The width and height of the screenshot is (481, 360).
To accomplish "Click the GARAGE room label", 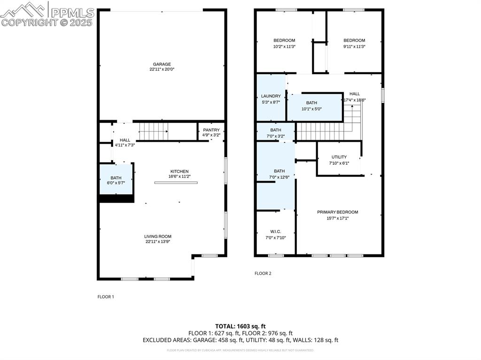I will tap(162, 64).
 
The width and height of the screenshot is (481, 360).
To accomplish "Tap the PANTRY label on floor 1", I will tap(211, 130).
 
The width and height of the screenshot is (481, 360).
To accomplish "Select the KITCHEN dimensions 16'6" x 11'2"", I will tap(179, 176).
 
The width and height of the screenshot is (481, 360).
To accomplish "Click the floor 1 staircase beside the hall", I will tap(153, 131).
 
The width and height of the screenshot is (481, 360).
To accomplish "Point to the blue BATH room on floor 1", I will tap(116, 180).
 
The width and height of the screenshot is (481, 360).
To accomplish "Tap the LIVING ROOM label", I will tap(158, 237).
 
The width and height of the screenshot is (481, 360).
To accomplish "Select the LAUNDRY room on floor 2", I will tap(271, 99).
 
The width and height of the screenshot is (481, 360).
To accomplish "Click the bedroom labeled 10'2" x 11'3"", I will tap(284, 43).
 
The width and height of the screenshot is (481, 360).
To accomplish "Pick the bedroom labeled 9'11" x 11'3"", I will tap(354, 43).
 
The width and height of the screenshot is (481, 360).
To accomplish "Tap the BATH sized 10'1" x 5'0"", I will tap(312, 106).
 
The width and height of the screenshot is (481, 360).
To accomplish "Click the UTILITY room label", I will tap(339, 157).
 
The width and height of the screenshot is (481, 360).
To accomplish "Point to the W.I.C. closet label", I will tap(275, 231).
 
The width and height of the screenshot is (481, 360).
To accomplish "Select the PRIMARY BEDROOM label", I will tap(337, 212).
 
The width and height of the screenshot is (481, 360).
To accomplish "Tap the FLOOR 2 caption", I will tap(263, 273).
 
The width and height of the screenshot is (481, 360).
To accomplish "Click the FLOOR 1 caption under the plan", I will tap(106, 297).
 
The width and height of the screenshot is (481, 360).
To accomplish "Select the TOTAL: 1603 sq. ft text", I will tap(240, 326).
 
